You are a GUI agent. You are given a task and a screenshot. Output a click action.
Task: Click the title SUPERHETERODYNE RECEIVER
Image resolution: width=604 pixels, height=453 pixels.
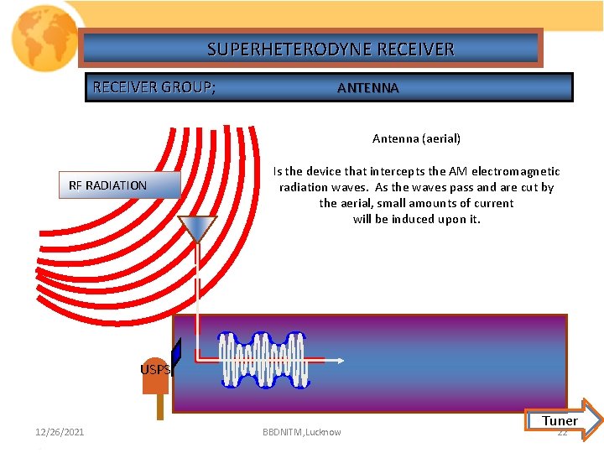coord(331,49)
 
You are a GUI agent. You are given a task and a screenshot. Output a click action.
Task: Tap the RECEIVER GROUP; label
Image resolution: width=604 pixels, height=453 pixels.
coord(154,87)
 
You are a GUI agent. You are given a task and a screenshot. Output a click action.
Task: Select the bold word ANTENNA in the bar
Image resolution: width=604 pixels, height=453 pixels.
coord(367,88)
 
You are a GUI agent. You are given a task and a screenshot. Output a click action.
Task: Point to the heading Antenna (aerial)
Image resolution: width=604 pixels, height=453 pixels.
coord(416,138)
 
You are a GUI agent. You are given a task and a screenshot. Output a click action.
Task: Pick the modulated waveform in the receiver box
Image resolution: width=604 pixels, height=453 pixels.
coord(262,361)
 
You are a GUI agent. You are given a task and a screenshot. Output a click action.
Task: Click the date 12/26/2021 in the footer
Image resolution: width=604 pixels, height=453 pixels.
coord(60,432)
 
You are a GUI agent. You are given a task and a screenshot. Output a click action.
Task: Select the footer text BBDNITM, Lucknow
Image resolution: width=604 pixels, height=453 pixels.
coord(302,432)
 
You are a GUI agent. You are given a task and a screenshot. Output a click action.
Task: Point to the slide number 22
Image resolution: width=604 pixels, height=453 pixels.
coord(563,433)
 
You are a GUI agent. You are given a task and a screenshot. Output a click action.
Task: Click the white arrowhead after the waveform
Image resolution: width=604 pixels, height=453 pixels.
coord(340,361)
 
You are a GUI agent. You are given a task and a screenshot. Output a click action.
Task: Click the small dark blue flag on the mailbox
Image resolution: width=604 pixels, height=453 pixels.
coord(176,353)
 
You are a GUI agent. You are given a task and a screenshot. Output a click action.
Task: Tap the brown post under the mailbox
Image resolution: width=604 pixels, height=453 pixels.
coord(159,406)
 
